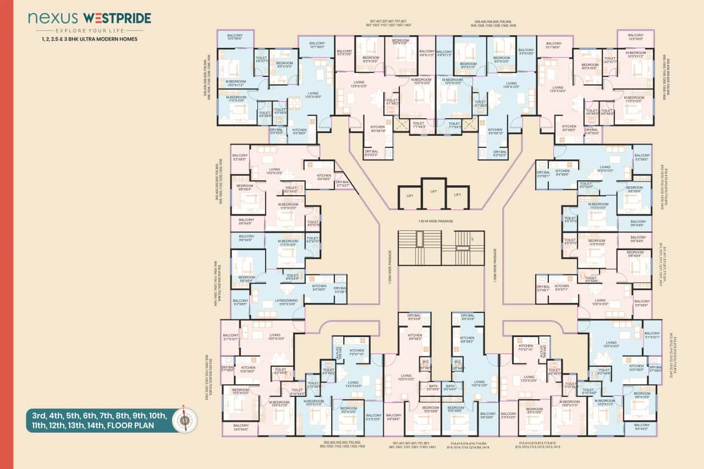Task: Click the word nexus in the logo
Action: point(49,19)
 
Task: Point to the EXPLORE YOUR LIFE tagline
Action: point(90,31)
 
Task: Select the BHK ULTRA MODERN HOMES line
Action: point(90,40)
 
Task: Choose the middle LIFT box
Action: point(434,191)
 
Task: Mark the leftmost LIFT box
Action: point(410,196)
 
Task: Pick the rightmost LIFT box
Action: point(458,196)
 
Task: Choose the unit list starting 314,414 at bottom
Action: point(469,445)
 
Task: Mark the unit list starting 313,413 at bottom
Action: point(538,445)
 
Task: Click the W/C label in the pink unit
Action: point(425,362)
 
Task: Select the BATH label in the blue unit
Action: point(449,387)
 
